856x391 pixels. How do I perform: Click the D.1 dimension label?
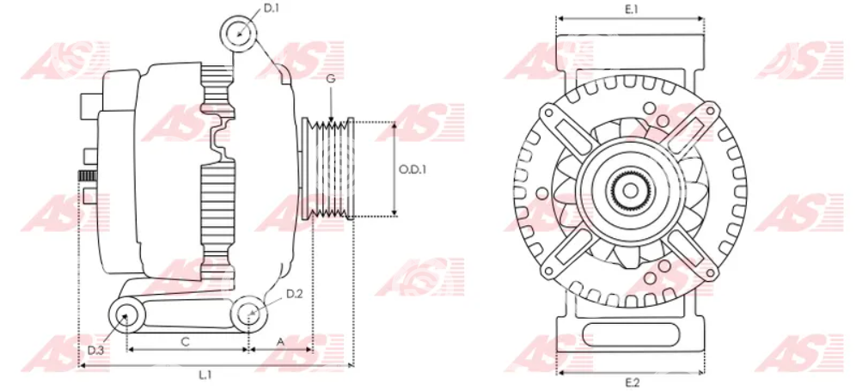click(x=272, y=9)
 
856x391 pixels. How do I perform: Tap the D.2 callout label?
click(x=294, y=295)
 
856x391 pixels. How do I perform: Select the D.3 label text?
click(x=95, y=350)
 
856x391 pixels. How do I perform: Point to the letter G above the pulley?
click(x=331, y=79)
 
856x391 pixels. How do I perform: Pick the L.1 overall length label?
click(x=205, y=375)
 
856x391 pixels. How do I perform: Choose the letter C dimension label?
click(x=185, y=342)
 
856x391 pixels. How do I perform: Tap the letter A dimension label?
click(x=280, y=342)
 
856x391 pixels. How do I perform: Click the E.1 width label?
click(x=631, y=9)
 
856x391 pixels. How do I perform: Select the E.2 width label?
click(x=631, y=382)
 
